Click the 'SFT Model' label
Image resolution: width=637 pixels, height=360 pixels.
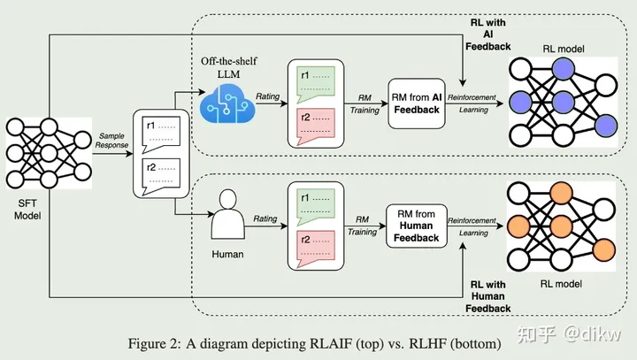(x=27, y=210)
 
